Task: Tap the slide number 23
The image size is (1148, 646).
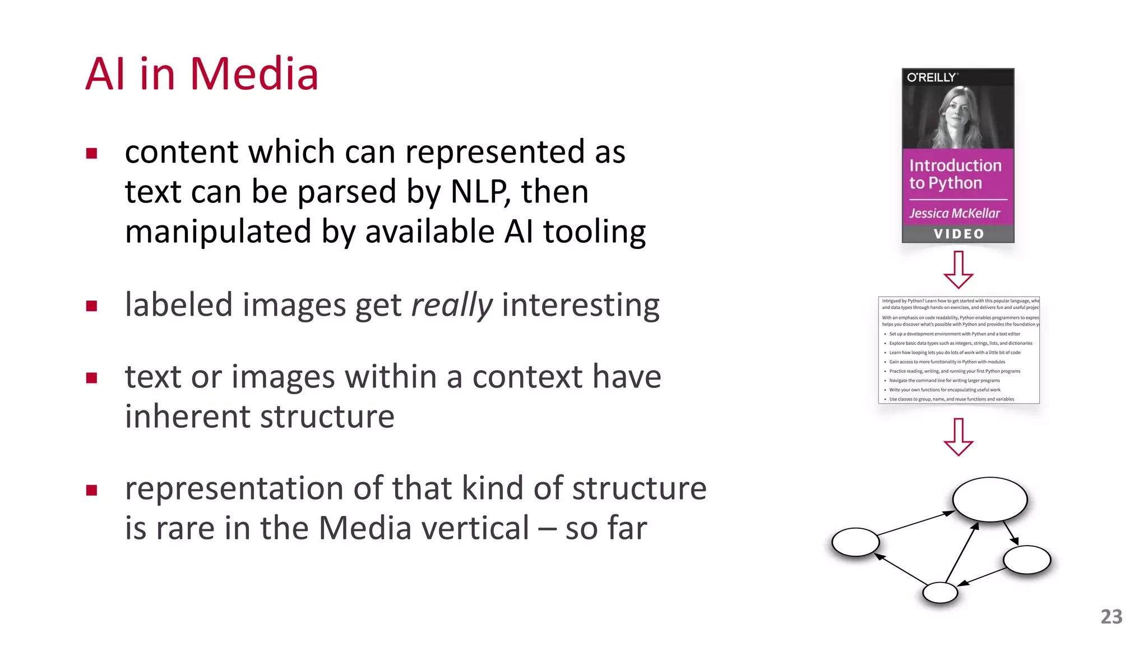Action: [1111, 616]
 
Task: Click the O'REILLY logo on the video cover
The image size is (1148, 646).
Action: [932, 77]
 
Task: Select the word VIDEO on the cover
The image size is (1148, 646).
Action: [959, 234]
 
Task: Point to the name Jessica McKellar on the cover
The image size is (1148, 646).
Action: [954, 213]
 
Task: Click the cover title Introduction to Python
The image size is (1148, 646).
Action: [955, 174]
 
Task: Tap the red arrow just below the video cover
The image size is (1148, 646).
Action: [959, 270]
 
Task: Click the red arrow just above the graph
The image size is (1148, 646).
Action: [959, 437]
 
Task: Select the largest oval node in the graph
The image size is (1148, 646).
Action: [990, 499]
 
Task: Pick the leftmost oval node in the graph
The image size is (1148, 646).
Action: [855, 542]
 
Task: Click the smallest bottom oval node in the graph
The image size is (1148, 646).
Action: [940, 593]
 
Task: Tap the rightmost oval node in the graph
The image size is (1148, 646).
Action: [1027, 560]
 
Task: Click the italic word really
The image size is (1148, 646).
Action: [452, 305]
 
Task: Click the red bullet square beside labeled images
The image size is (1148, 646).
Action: [92, 306]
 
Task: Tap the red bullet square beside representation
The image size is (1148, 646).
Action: [92, 490]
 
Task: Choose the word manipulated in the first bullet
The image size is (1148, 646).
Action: [218, 232]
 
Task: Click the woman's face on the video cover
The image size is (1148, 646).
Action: [956, 110]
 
